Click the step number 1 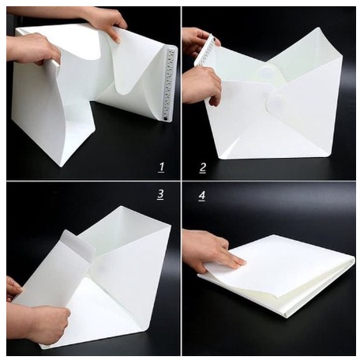[x=161, y=167]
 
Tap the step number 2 [x=202, y=168]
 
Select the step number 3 [x=160, y=194]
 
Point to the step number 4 [x=202, y=196]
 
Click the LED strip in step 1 [x=169, y=84]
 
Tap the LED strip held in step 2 [x=206, y=50]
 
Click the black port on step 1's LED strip [x=165, y=118]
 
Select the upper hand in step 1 [x=105, y=21]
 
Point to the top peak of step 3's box [x=121, y=207]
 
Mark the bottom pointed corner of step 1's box [x=62, y=167]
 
